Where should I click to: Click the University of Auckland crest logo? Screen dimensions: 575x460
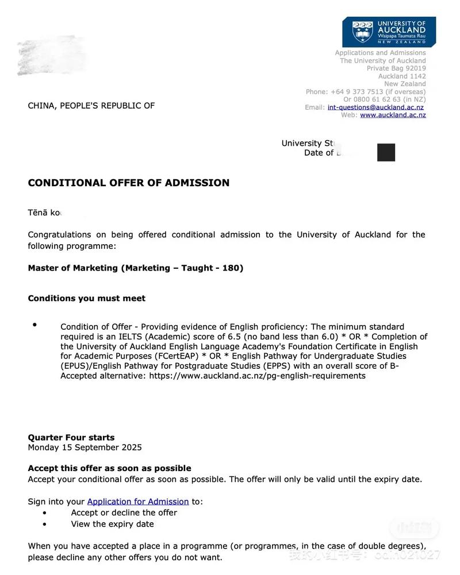(362, 32)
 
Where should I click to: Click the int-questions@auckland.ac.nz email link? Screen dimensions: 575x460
(375, 107)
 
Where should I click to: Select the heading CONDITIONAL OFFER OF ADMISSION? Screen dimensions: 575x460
(129, 183)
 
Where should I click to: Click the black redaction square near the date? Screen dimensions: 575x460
(386, 152)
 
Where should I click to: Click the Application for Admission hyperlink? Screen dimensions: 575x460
(138, 501)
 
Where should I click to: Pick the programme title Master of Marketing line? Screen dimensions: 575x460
(136, 268)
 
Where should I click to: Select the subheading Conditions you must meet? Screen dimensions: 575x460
(87, 298)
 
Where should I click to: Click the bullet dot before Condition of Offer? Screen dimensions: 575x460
(34, 325)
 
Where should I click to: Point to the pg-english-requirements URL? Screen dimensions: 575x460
(257, 376)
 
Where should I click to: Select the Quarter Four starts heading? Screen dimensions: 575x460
(71, 437)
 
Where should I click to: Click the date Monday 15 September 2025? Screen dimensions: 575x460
(85, 447)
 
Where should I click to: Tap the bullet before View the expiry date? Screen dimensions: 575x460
(45, 524)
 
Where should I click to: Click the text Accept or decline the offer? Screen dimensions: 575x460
(124, 512)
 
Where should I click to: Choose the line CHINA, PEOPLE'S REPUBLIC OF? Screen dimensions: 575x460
(91, 106)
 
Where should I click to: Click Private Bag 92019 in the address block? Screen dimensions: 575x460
(396, 68)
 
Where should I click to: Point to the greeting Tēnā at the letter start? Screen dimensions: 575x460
(37, 213)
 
